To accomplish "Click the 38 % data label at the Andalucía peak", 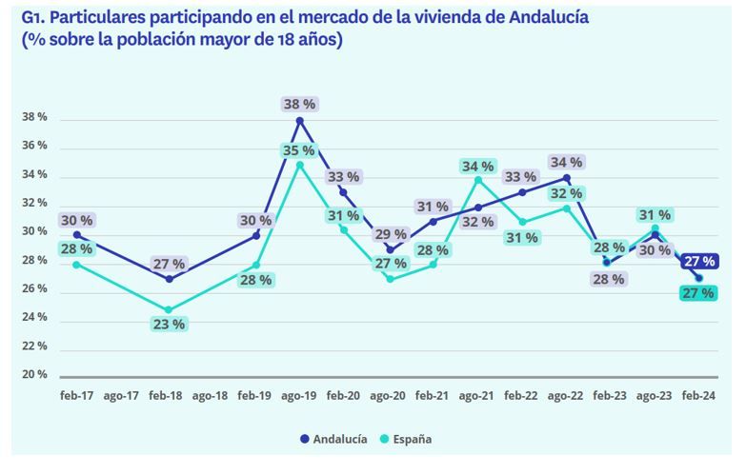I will tap(301, 104).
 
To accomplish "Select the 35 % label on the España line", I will tap(301, 150).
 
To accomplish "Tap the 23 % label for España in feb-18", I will tap(169, 324).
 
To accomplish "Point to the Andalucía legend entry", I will tap(333, 439).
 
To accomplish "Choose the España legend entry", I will tap(407, 439).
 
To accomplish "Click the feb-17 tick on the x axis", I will tap(76, 394).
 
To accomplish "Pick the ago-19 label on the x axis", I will tap(300, 394).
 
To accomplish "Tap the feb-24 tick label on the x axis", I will tap(700, 394).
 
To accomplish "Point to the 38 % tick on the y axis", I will tap(34, 118).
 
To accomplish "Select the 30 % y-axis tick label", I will tap(34, 232).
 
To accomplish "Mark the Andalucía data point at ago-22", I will tap(567, 178).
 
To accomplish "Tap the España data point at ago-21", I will tap(478, 179).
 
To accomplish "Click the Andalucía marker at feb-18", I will tap(169, 279).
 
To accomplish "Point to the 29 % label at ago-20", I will tap(390, 234).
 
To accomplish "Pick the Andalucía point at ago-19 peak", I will tap(300, 120).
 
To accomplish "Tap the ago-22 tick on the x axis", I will tap(567, 394).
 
